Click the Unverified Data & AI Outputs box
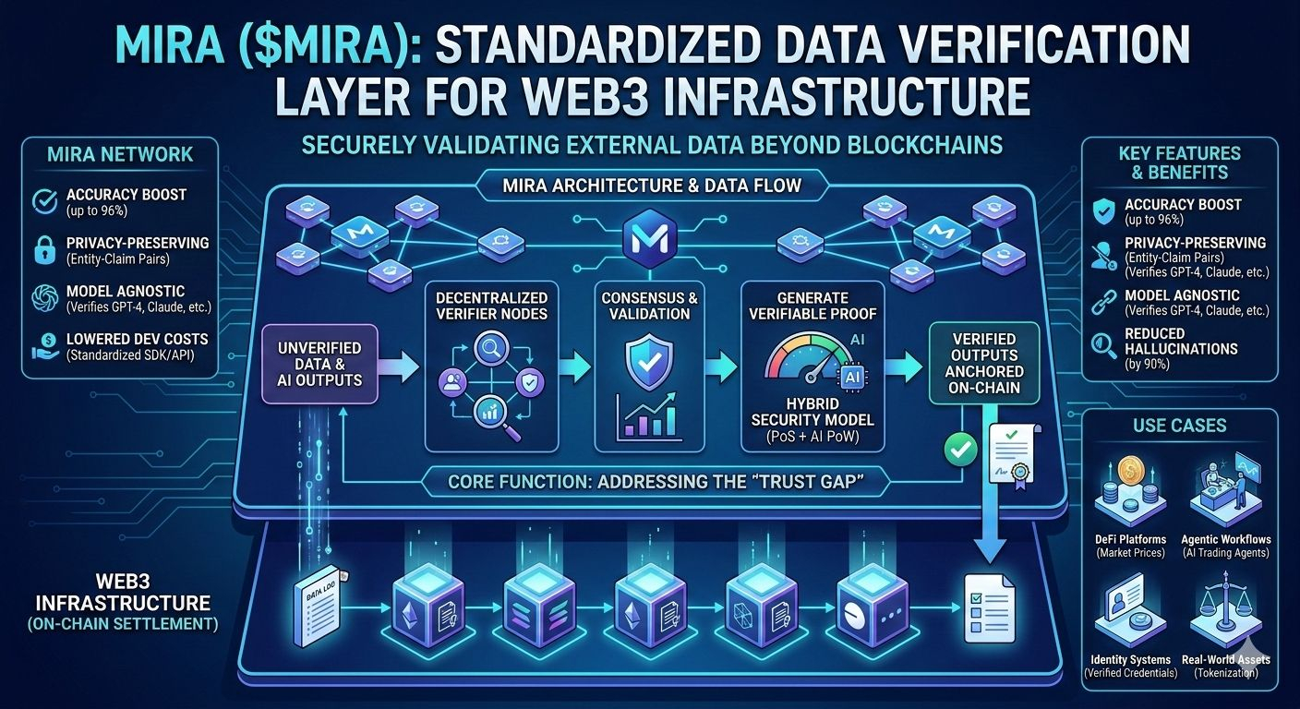(x=319, y=364)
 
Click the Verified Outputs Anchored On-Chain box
(x=984, y=363)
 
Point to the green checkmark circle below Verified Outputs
(x=960, y=450)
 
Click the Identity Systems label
(x=1130, y=659)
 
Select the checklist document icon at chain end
(x=988, y=597)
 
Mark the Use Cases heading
(x=1179, y=426)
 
